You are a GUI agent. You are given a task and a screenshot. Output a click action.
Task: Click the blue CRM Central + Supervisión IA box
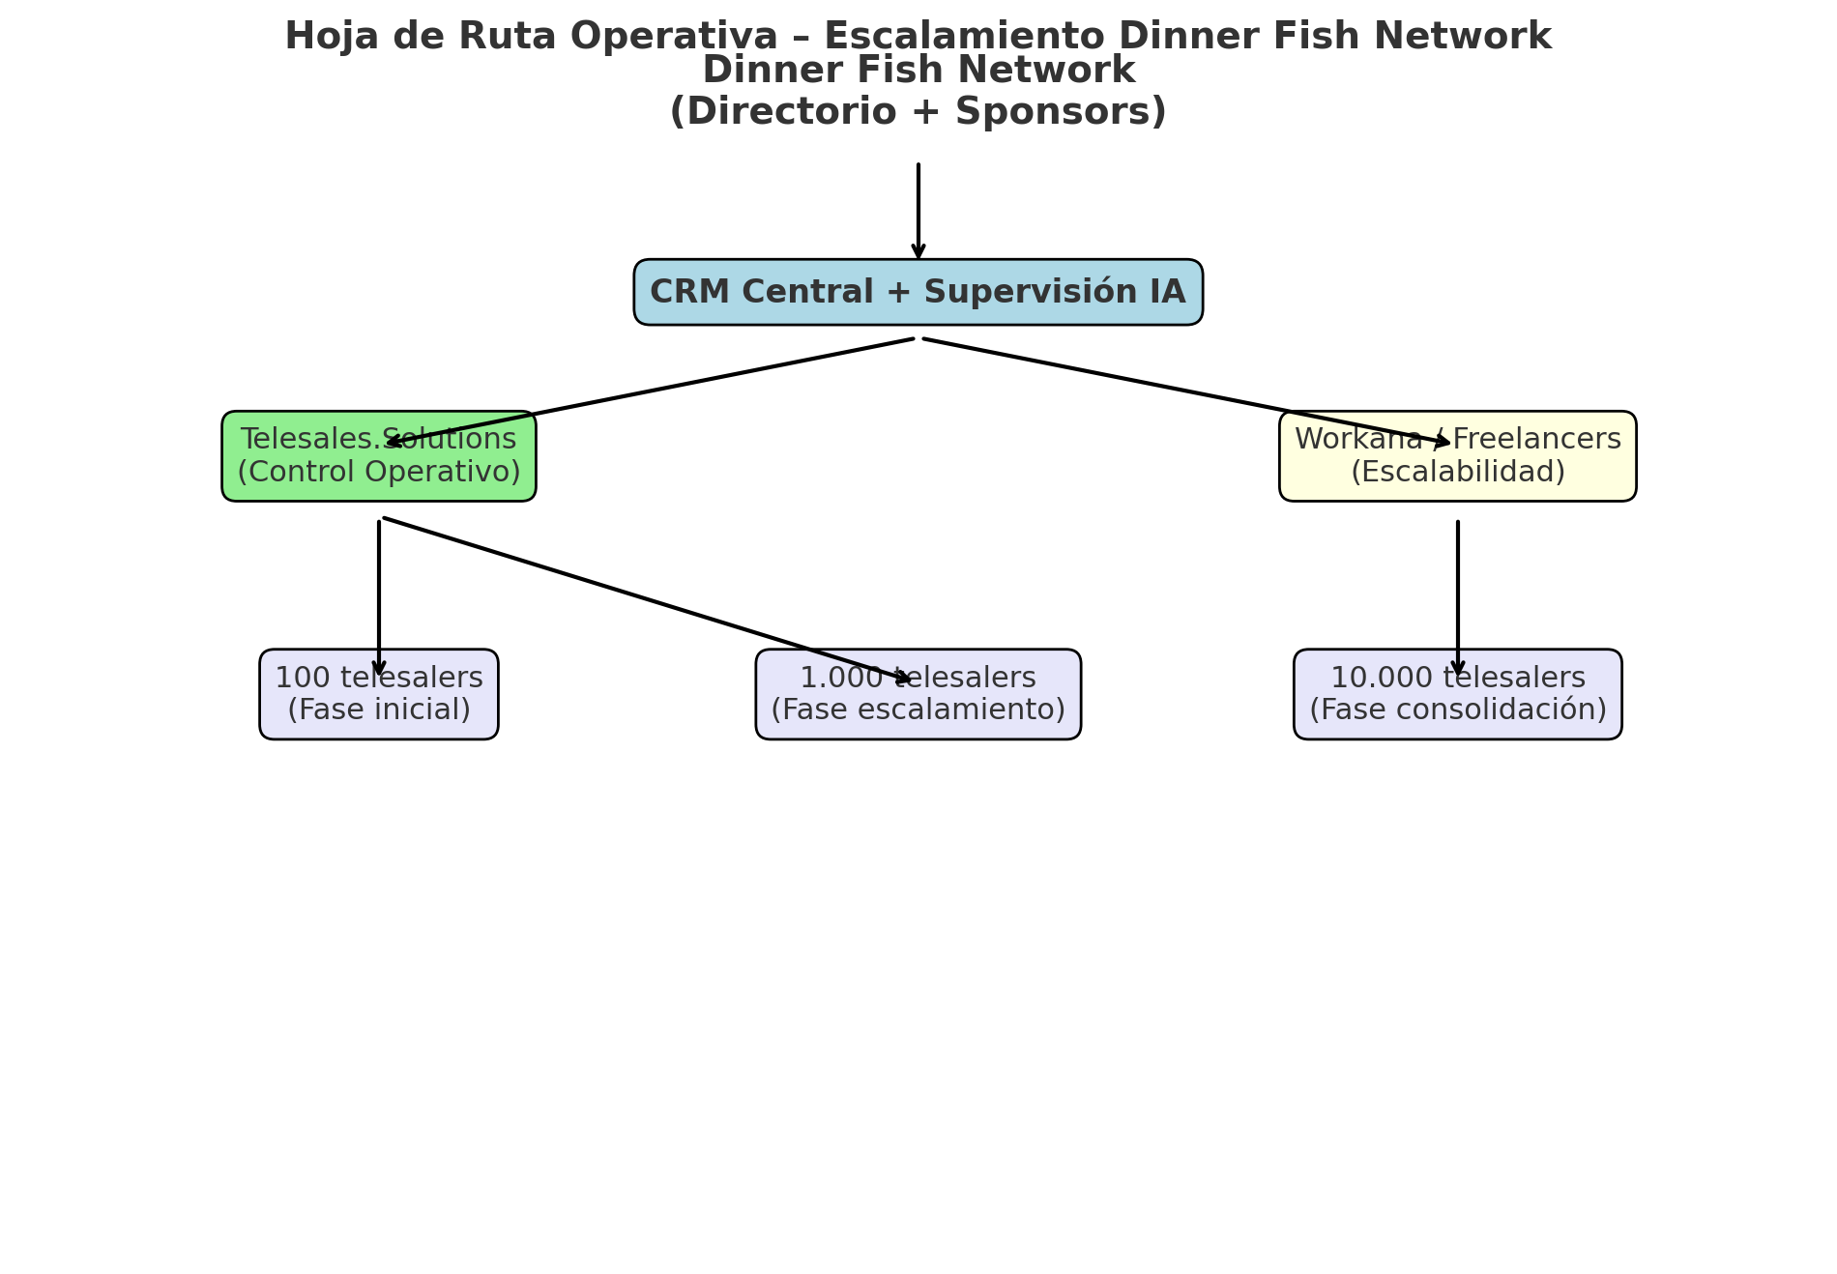918,292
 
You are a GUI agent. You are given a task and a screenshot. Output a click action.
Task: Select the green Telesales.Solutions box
378,456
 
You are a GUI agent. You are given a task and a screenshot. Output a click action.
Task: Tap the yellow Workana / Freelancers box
1457,456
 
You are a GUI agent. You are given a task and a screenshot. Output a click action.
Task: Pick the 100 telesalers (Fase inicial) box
378,694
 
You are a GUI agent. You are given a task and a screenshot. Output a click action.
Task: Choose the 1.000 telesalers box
918,694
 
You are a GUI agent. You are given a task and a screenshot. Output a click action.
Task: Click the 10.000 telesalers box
1457,694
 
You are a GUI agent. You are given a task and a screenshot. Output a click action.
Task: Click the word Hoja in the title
320,37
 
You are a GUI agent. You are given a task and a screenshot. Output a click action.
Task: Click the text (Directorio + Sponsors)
918,111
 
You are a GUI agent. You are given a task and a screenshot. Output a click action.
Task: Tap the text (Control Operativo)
378,472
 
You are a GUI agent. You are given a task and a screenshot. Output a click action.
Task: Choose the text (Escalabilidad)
1457,472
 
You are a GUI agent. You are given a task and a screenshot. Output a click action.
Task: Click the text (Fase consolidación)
1457,709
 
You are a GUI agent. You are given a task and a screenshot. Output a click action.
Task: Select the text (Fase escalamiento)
918,709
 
